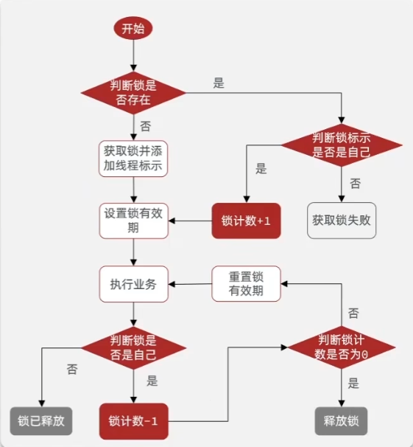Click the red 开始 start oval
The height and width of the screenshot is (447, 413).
(133, 29)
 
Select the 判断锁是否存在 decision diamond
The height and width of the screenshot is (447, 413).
(133, 93)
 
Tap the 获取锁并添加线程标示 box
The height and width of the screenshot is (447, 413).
(133, 158)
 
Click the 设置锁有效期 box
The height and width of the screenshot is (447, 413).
(133, 221)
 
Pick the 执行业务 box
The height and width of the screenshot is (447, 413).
(133, 284)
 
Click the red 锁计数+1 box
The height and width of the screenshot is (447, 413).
(247, 221)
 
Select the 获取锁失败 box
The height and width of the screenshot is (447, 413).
(341, 221)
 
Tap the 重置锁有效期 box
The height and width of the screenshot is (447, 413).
(247, 284)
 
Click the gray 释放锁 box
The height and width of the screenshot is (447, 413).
(341, 421)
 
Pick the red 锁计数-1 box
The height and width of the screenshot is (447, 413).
(133, 421)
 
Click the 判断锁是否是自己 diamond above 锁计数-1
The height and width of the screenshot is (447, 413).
(133, 347)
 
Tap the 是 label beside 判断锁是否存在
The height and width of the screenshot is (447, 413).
(219, 83)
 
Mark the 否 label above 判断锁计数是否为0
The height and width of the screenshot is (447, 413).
(354, 313)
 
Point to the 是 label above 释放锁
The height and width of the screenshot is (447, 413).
(354, 384)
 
